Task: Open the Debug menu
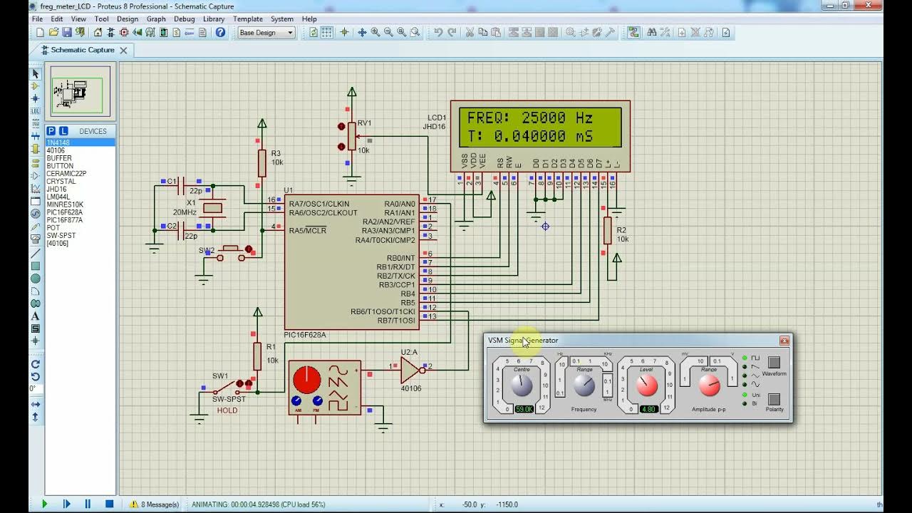click(x=184, y=19)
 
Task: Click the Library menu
click(x=214, y=19)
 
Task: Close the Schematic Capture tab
click(x=123, y=50)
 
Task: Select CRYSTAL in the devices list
click(x=61, y=182)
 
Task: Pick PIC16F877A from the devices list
click(x=64, y=220)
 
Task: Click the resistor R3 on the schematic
click(x=261, y=163)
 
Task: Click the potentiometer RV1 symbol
click(x=351, y=136)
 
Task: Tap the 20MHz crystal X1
click(x=212, y=208)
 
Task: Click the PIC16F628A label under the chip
click(x=305, y=335)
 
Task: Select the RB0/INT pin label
click(x=400, y=258)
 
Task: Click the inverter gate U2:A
click(x=410, y=370)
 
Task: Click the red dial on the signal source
click(x=306, y=380)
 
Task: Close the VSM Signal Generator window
click(x=784, y=341)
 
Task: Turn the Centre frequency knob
click(x=522, y=386)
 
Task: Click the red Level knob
click(x=646, y=386)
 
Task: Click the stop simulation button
click(x=109, y=504)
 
